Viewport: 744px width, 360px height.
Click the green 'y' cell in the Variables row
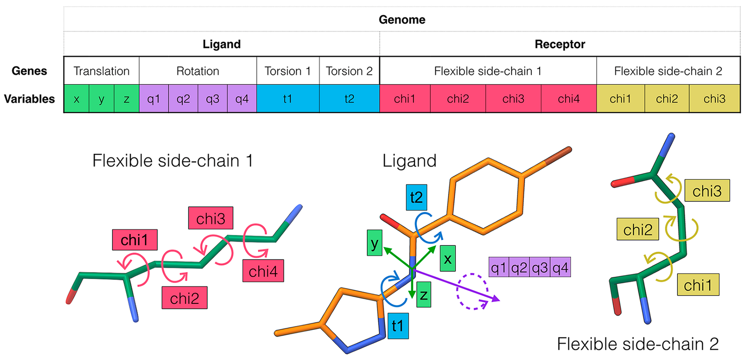(101, 99)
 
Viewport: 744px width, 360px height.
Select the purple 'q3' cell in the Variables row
(213, 99)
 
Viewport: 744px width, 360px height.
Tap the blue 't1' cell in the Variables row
(288, 99)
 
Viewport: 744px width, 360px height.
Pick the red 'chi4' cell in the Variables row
(569, 99)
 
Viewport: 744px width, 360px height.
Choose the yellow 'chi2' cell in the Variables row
(667, 99)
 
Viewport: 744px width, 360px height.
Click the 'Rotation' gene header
(198, 71)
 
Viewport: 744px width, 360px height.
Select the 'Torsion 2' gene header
(349, 71)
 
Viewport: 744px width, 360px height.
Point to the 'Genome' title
(402, 20)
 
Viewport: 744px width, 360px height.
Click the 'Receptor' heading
(560, 44)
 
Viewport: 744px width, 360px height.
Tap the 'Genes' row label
(29, 71)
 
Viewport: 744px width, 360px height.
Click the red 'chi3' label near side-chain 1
(211, 218)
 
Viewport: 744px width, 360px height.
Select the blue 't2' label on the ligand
(416, 197)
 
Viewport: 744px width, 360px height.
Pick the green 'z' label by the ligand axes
(423, 294)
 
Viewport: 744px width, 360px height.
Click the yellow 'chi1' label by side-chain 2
(698, 285)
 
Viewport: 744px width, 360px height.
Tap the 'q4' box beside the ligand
(560, 267)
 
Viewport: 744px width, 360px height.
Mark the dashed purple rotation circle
(472, 291)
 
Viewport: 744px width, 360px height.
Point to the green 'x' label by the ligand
(448, 258)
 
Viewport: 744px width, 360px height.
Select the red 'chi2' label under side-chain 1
(184, 298)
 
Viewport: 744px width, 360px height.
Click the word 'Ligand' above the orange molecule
(409, 161)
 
